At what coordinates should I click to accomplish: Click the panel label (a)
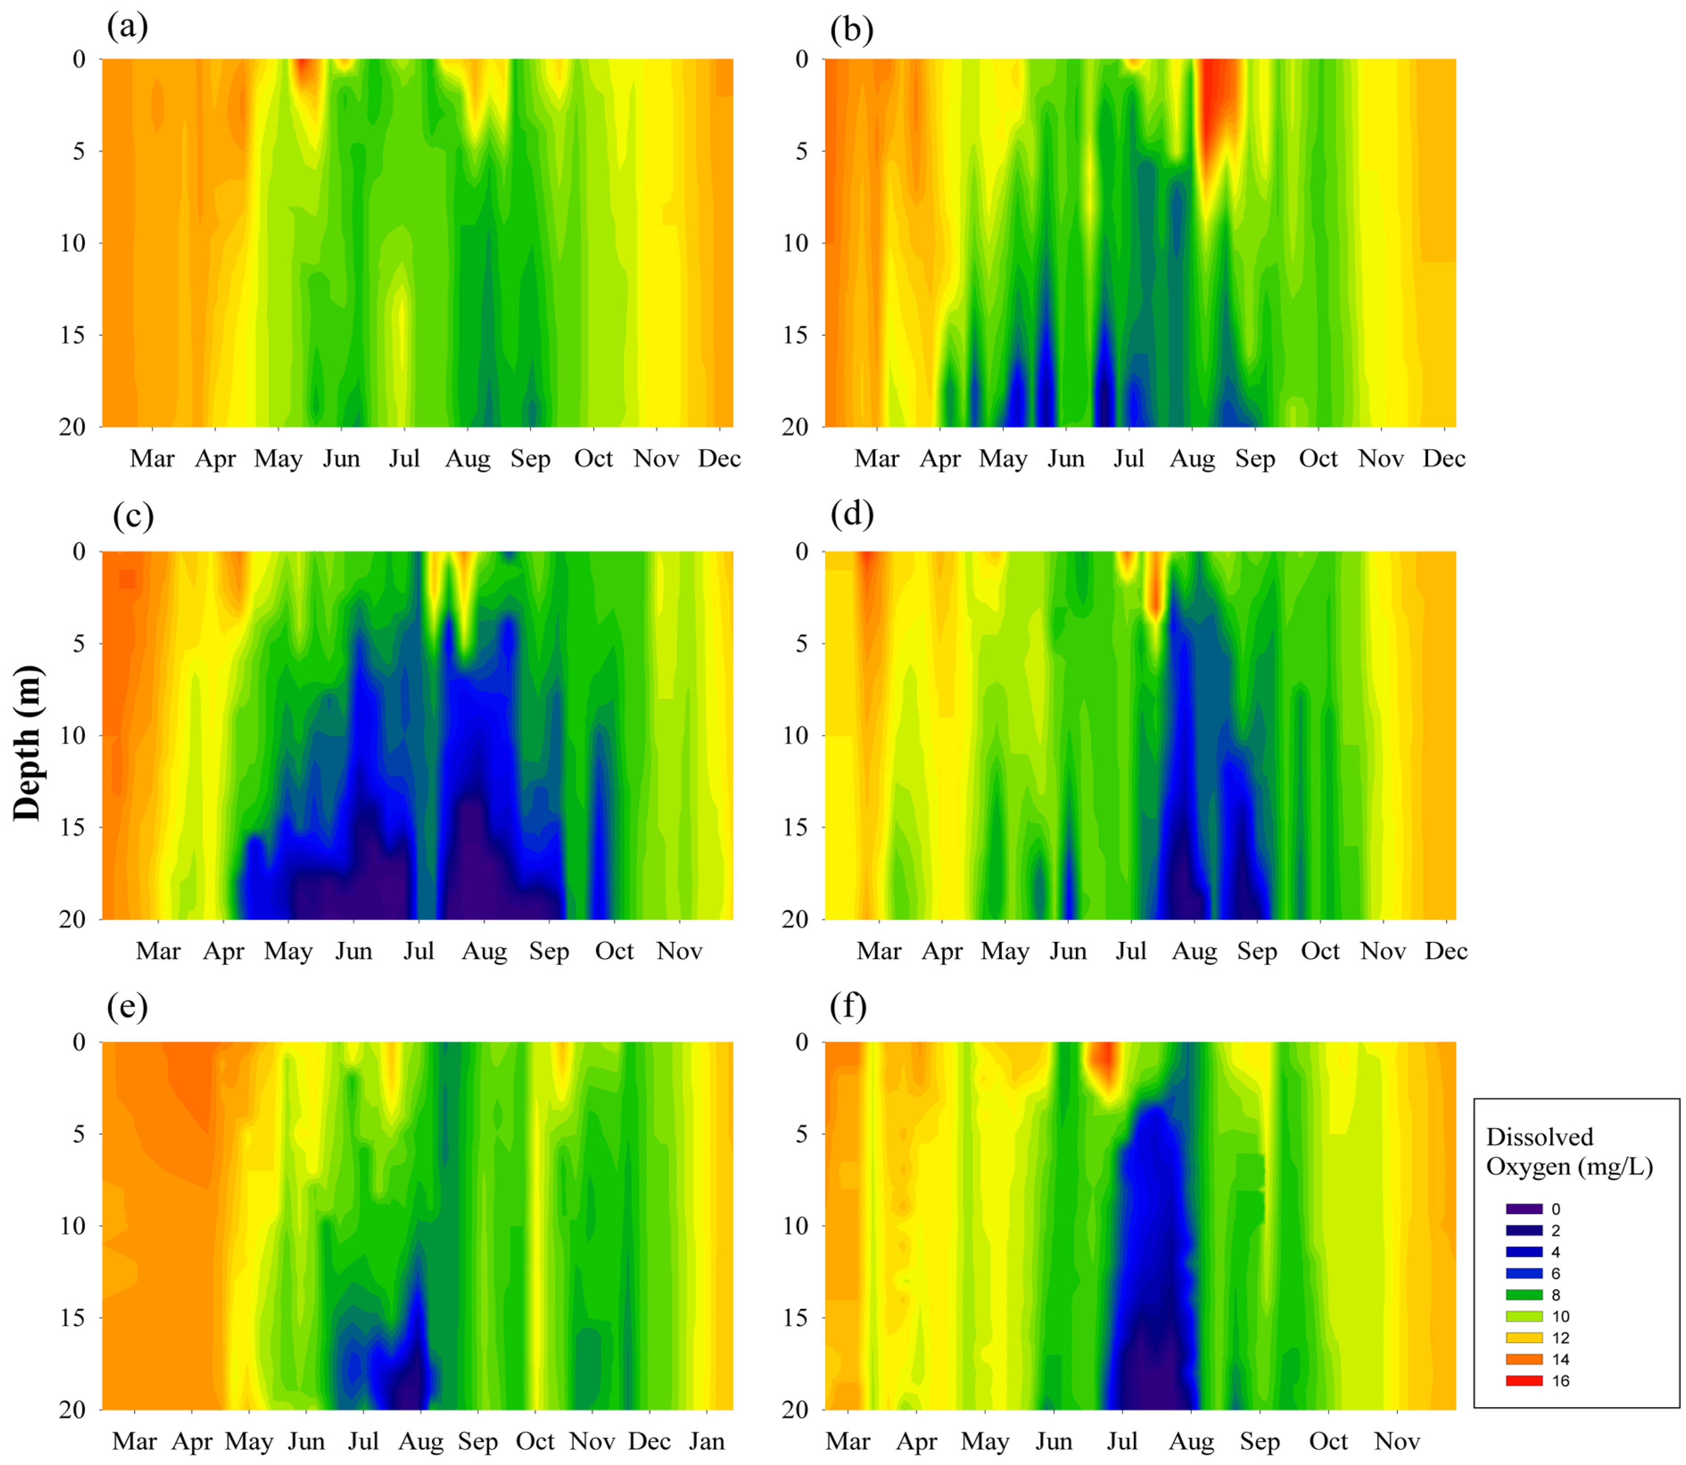coord(128,28)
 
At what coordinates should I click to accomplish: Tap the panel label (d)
coord(852,514)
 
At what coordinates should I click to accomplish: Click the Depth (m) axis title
coord(28,742)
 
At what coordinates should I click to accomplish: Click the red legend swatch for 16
coord(1524,1381)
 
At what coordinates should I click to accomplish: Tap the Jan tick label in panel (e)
coord(706,1441)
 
